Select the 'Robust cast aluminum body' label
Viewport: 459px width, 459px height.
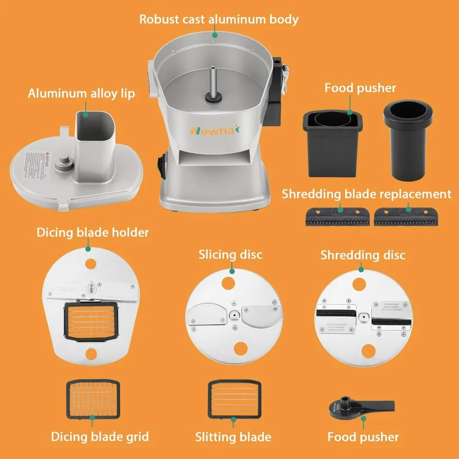pos(219,19)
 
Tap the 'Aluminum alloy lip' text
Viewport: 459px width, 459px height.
pos(81,94)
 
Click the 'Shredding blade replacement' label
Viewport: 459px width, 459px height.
pos(366,194)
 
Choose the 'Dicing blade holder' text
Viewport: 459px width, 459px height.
pos(93,232)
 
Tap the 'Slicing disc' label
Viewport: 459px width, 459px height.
pos(230,254)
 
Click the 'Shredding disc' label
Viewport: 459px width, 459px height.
pos(363,255)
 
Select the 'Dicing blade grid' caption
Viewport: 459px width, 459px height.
pos(100,436)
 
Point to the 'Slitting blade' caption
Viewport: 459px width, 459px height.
pos(233,437)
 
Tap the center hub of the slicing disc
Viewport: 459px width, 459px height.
pos(235,315)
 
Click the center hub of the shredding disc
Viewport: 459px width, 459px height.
pos(364,317)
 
